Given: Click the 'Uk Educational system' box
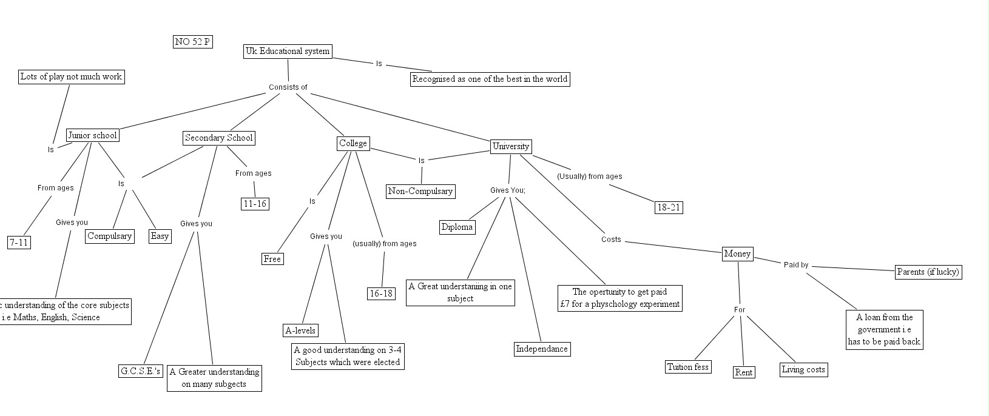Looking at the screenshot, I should point(288,52).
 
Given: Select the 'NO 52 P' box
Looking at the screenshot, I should point(193,42).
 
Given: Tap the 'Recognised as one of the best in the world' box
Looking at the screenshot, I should point(490,79).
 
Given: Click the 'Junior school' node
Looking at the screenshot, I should point(92,135).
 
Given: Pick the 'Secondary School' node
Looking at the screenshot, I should point(218,138).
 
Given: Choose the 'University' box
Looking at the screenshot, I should point(511,146).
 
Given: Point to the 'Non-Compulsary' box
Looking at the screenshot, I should point(420,192).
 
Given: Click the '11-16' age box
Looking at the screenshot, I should point(255,204).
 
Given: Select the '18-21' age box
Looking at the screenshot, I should point(669,207).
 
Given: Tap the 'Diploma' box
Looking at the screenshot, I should point(457,227).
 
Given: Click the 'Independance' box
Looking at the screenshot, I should point(542,349).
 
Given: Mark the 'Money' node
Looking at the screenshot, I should point(737,254).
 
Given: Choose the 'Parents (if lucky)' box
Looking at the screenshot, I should point(928,272).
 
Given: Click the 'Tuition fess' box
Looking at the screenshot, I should point(688,367).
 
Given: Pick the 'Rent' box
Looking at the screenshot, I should point(744,372).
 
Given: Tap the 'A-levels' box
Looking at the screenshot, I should point(300,330).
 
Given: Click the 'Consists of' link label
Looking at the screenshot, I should point(288,87).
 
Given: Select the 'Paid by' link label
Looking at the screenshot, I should point(796,265).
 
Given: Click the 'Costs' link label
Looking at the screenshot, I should point(611,240).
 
